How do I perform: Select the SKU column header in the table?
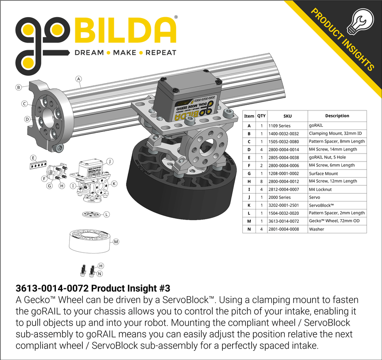click(x=287, y=116)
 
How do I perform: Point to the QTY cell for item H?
click(x=261, y=181)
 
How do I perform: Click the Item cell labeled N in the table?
click(x=249, y=229)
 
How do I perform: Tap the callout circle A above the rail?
click(x=79, y=79)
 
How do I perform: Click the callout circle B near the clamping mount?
click(x=19, y=87)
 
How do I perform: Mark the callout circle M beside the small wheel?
click(x=116, y=242)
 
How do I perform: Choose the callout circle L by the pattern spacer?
click(x=107, y=214)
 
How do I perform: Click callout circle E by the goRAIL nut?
click(x=33, y=158)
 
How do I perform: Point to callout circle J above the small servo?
click(x=110, y=161)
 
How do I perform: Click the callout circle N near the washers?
click(x=100, y=274)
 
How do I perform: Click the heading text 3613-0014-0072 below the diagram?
click(x=52, y=289)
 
